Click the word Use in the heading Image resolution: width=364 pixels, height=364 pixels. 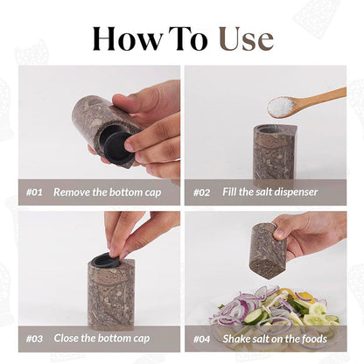pos(245,38)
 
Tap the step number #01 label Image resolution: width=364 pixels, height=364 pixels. pos(34,192)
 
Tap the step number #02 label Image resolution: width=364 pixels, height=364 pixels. pos(202,192)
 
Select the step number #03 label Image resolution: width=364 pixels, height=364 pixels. pos(34,338)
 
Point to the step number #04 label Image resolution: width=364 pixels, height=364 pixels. pos(202,338)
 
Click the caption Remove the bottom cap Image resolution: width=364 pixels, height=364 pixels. pos(105,192)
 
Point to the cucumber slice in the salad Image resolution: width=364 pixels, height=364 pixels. pos(254,315)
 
